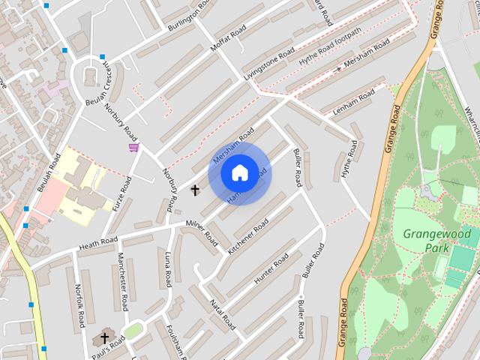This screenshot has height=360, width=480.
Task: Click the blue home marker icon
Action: tap(239, 173)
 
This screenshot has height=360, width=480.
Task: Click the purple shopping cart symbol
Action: tap(133, 147)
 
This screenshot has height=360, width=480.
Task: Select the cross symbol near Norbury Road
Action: tap(196, 190)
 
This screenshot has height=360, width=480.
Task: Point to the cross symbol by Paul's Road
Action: tap(104, 338)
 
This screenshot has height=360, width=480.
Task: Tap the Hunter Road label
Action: tap(271, 268)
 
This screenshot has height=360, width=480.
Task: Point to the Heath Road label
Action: tap(98, 241)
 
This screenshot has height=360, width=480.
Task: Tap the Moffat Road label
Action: tap(228, 37)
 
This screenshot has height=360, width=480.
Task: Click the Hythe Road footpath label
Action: tap(330, 46)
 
